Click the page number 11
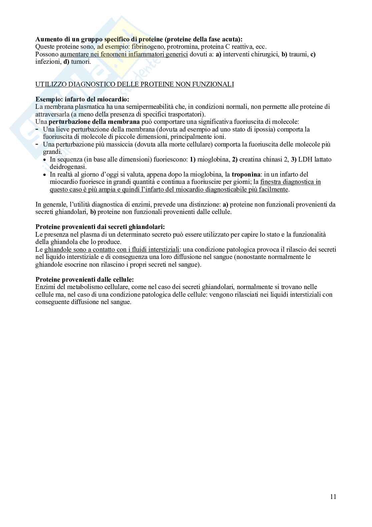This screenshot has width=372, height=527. tap(333, 497)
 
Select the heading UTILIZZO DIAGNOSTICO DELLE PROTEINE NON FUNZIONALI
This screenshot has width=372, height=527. tap(134, 84)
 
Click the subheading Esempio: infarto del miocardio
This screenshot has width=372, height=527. tap(82, 99)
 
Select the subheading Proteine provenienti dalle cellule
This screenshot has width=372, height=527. tap(84, 280)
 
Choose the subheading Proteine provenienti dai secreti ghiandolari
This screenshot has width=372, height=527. tap(100, 227)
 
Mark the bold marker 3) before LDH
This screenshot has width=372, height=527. tap(294, 160)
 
